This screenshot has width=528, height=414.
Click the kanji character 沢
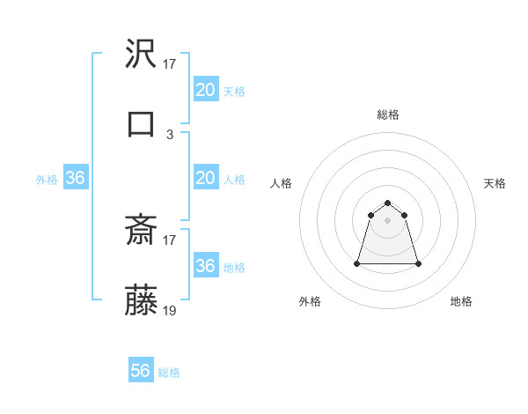coord(142,55)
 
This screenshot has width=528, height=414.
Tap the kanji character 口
coord(142,124)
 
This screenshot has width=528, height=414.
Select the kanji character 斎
coord(142,230)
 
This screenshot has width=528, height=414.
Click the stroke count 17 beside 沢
coord(170,64)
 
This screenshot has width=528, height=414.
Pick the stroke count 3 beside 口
coord(170,134)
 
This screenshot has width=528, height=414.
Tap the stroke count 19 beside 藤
coord(170,311)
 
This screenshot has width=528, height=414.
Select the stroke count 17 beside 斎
coord(170,239)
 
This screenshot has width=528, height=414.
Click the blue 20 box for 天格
coord(205,90)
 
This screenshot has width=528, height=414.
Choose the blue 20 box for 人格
coord(205,178)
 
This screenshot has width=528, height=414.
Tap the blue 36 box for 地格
coord(205,266)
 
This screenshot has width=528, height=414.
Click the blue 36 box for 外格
coord(75,178)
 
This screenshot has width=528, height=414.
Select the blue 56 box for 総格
coord(140,371)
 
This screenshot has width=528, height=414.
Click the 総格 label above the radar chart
coord(387,115)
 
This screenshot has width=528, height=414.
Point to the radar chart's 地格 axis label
coord(461,301)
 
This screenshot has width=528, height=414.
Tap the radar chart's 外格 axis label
coord(310,301)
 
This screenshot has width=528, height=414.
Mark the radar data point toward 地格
coord(418,263)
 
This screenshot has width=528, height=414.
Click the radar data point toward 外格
coord(358,263)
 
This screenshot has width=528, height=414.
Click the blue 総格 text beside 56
coord(169,373)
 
